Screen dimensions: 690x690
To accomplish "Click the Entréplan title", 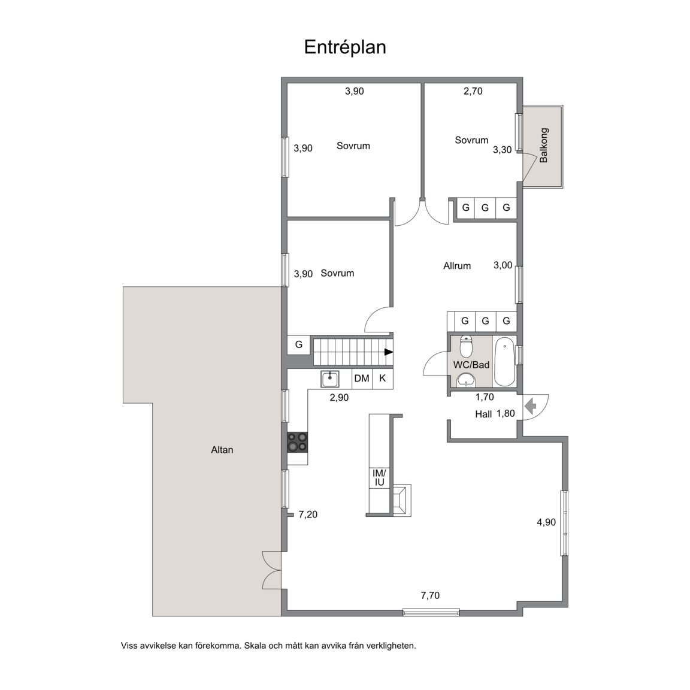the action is [345, 47].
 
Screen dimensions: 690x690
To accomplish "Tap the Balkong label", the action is [544, 145].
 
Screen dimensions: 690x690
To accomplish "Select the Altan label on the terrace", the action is [222, 450].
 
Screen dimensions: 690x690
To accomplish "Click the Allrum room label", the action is [457, 266].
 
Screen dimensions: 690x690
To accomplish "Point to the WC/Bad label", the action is [471, 365].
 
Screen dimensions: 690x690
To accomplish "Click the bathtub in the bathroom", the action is [505, 362].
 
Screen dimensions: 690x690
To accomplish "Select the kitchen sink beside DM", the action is [329, 379].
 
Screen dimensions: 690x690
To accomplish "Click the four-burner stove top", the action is [298, 442].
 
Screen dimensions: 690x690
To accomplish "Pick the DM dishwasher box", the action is [362, 379].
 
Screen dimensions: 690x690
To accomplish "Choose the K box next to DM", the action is [382, 379].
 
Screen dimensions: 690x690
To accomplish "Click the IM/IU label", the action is [379, 478].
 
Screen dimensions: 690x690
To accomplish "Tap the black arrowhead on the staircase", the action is [389, 352].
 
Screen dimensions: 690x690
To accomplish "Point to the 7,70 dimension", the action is [430, 596].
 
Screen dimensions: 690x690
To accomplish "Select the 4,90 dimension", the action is [546, 522].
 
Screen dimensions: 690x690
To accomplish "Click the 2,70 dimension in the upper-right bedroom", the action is [473, 91].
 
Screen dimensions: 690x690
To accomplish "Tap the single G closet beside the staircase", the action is [299, 344].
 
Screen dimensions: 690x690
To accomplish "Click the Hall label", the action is [483, 414].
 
